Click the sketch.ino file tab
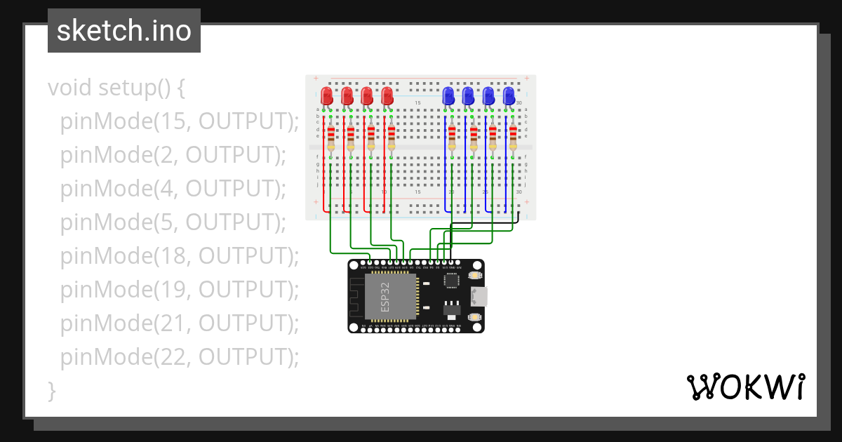tap(124, 31)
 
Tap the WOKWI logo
tap(744, 387)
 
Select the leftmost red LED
tap(326, 96)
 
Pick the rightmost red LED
tap(387, 96)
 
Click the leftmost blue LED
tap(448, 96)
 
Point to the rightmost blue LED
tap(509, 96)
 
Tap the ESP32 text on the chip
tap(385, 297)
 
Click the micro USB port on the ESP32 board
tap(479, 296)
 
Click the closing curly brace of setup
tap(51, 390)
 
